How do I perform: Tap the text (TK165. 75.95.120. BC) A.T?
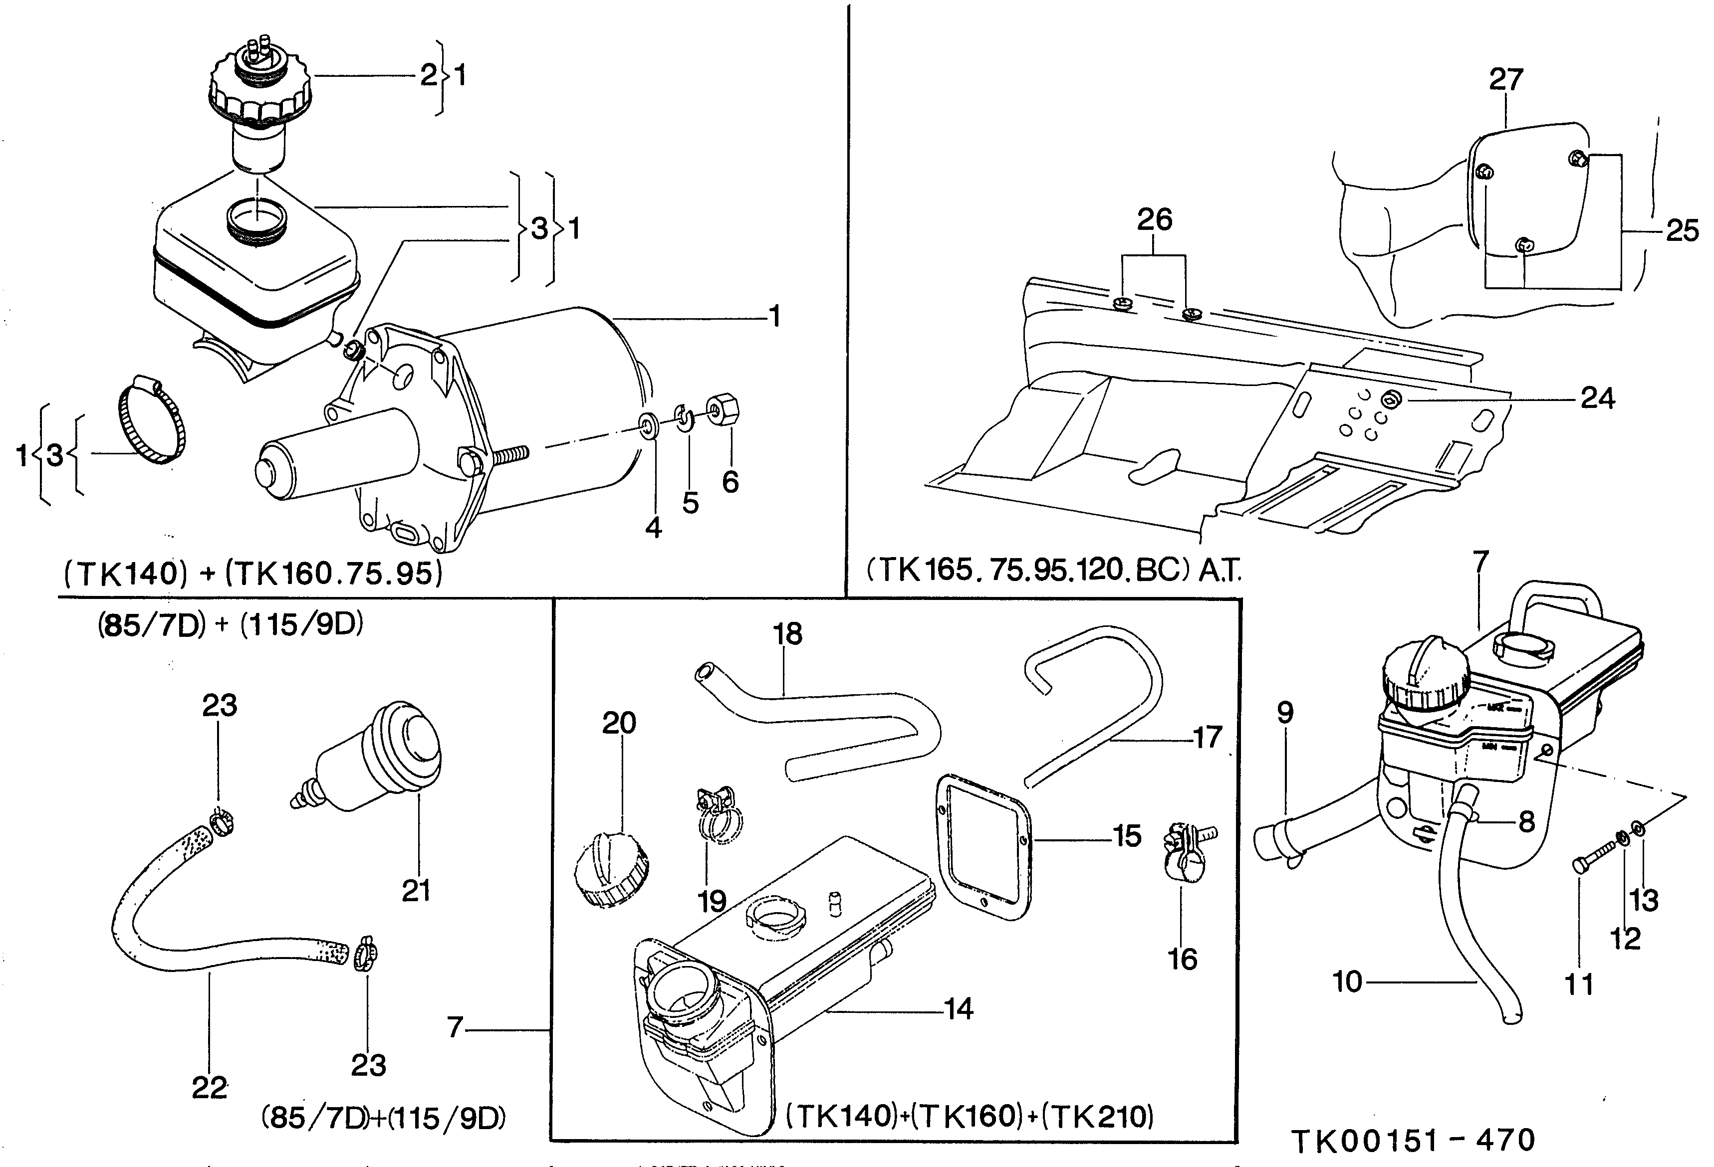click(1053, 570)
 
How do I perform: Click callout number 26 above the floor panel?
click(1154, 220)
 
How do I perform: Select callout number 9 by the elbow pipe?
click(1285, 712)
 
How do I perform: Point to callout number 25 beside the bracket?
click(1682, 231)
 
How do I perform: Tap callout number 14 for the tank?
click(959, 1008)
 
